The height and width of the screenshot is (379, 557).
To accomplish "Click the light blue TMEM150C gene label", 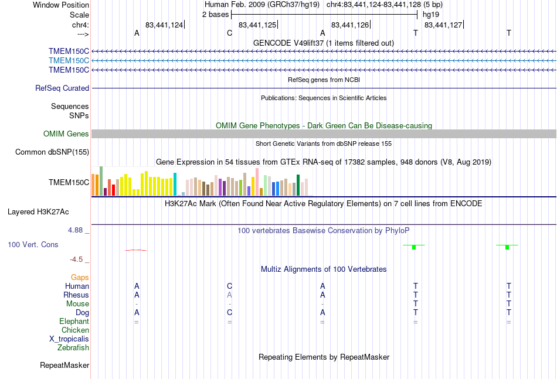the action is click(69, 61).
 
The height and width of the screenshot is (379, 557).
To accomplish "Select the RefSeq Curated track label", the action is click(62, 88).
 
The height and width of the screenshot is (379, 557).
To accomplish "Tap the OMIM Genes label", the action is click(66, 134).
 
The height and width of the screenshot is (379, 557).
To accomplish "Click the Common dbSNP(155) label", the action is click(52, 152).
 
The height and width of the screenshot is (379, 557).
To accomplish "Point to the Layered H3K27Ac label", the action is click(38, 212).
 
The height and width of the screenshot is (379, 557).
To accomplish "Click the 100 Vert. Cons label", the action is click(33, 244).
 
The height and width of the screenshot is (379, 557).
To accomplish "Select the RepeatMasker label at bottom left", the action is click(64, 365).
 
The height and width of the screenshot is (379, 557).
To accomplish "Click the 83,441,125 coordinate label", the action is click(257, 25).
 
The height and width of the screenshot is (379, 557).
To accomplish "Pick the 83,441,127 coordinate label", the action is click(443, 25).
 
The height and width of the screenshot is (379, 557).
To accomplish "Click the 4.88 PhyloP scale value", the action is click(75, 230).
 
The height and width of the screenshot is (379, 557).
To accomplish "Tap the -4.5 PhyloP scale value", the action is click(76, 260).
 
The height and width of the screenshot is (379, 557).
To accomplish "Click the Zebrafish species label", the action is click(73, 348).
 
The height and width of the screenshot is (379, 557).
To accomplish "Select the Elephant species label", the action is click(74, 321).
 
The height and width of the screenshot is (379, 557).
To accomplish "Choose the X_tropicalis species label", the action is click(69, 339).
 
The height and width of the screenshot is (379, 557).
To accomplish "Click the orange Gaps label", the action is click(80, 277).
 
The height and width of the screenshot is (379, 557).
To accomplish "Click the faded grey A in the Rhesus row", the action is click(229, 295).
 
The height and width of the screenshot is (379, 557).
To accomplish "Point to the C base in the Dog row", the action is click(229, 312).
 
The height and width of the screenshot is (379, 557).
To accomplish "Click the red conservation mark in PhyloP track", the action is click(135, 250).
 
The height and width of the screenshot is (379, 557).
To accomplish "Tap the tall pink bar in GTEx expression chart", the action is click(257, 182).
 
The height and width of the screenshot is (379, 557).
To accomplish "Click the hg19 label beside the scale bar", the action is click(431, 15).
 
